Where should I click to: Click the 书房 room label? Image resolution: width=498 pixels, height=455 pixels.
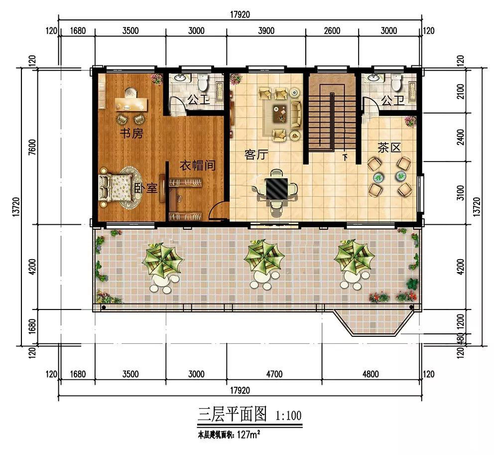click(x=131, y=133)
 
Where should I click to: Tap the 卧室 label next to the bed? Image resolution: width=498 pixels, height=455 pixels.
click(x=145, y=188)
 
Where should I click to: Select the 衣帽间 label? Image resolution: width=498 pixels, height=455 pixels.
click(x=198, y=165)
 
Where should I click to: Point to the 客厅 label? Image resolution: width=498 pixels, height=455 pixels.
click(x=256, y=154)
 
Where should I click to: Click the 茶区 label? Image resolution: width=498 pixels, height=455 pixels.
click(x=389, y=148)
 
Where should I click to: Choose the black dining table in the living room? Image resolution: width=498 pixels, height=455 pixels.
click(x=277, y=188)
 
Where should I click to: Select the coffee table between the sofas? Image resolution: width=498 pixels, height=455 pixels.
click(x=280, y=114)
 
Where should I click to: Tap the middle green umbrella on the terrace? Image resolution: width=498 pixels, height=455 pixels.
click(x=264, y=257)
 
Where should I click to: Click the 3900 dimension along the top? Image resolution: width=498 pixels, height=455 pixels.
click(x=266, y=31)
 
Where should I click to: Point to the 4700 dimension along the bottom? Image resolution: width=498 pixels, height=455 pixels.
click(x=274, y=374)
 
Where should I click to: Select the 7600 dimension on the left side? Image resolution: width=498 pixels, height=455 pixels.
click(x=32, y=148)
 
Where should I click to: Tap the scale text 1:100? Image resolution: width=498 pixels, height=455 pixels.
click(x=288, y=415)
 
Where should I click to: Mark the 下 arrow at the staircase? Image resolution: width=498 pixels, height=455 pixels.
click(x=345, y=157)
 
